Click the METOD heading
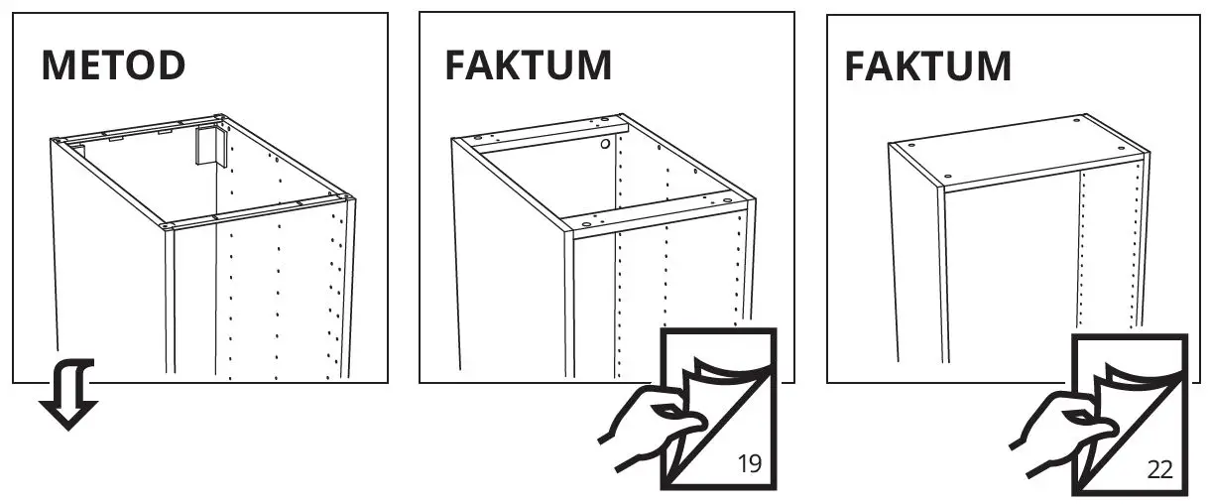coord(113,65)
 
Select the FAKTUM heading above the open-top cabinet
coord(528,65)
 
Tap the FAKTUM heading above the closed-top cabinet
coord(927,66)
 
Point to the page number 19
coord(750,464)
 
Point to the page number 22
coord(1159,469)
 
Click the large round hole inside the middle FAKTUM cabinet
coord(603,145)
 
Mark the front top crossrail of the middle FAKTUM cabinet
coord(655,223)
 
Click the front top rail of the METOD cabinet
coord(258,215)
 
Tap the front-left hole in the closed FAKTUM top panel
coord(948,177)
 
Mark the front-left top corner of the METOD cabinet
coord(168,226)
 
